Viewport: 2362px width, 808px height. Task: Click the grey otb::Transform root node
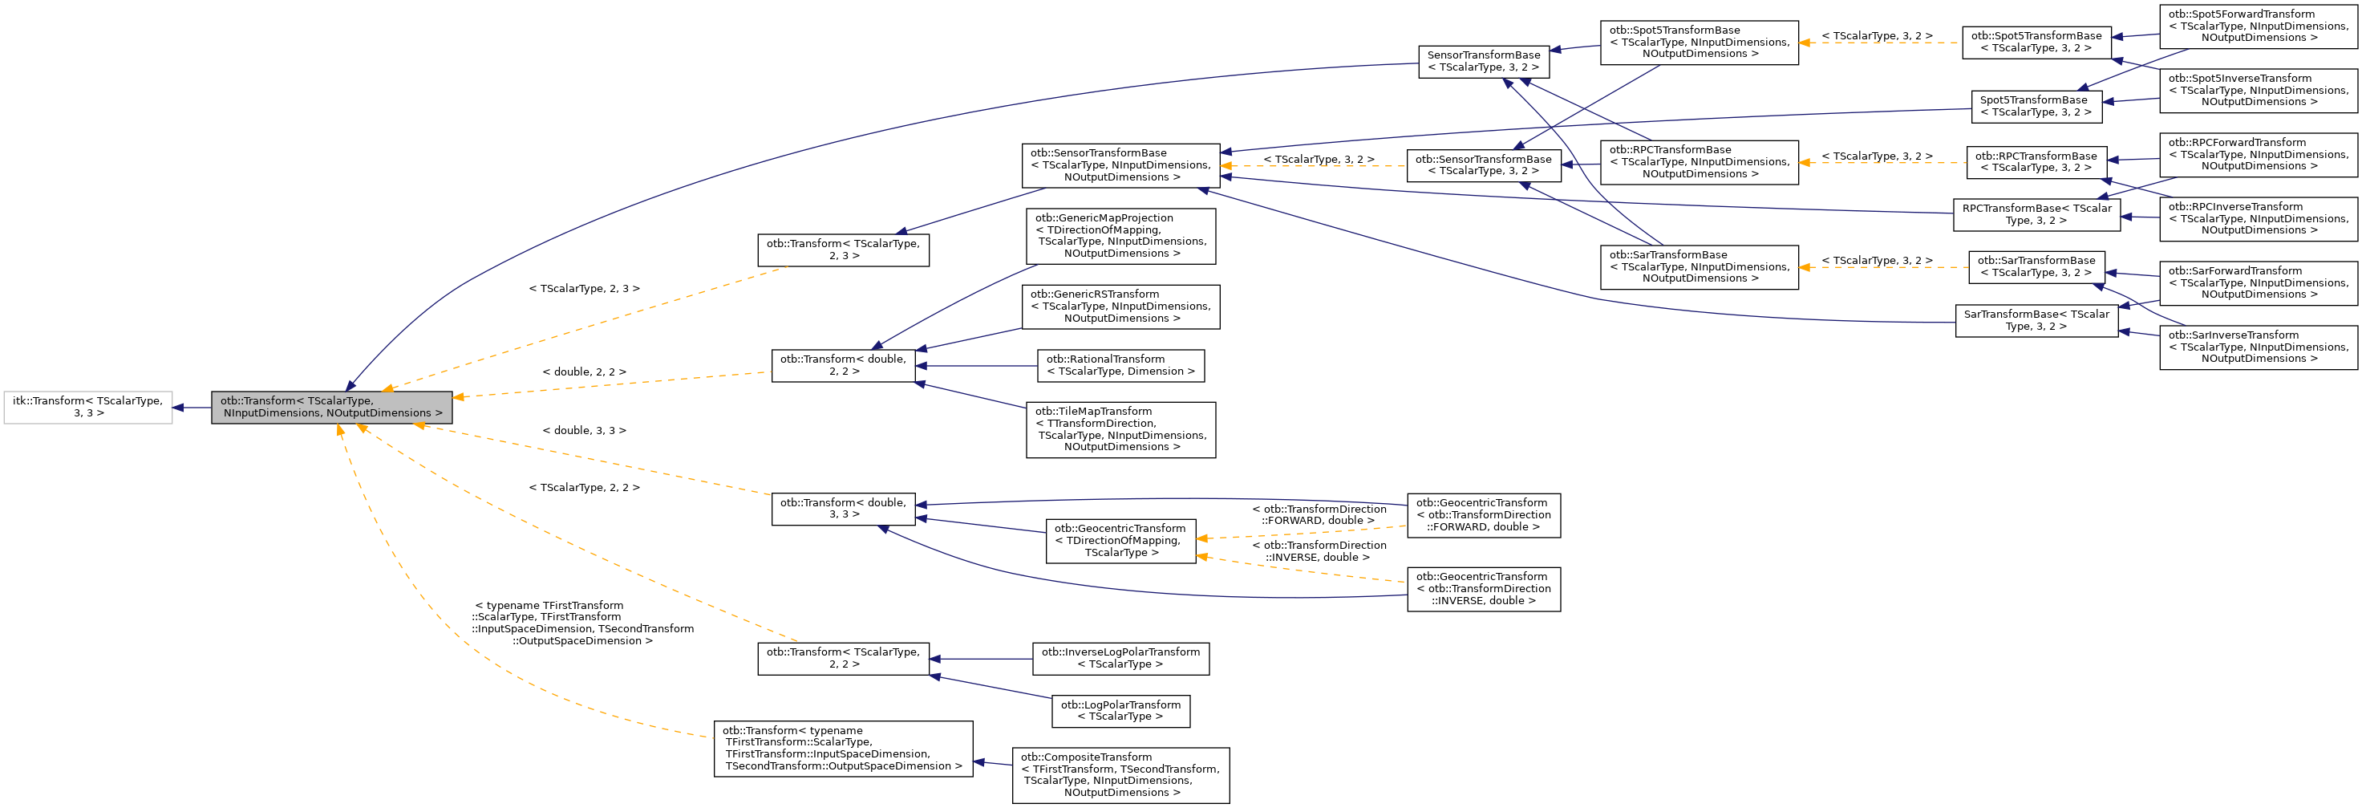pyautogui.click(x=331, y=408)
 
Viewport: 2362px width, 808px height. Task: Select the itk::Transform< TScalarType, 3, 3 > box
pyautogui.click(x=88, y=408)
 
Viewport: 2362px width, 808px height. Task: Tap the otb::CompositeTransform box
pyautogui.click(x=1120, y=775)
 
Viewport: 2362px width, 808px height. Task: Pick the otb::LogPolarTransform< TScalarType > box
pyautogui.click(x=1120, y=711)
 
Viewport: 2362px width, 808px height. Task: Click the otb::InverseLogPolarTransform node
pyautogui.click(x=1120, y=659)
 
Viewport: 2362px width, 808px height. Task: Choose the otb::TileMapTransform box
pyautogui.click(x=1120, y=429)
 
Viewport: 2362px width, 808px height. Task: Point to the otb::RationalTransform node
pyautogui.click(x=1120, y=365)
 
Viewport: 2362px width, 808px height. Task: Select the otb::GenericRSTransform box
pyautogui.click(x=1120, y=307)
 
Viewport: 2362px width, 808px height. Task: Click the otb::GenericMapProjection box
pyautogui.click(x=1120, y=236)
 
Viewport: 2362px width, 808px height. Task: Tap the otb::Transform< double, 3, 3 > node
pyautogui.click(x=843, y=508)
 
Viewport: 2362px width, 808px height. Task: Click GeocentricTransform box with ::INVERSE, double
pyautogui.click(x=1484, y=589)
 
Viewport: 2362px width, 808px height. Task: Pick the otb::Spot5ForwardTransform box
pyautogui.click(x=2258, y=26)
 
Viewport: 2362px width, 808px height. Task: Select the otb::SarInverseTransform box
pyautogui.click(x=2258, y=347)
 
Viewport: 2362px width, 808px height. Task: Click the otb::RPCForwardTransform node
pyautogui.click(x=2258, y=154)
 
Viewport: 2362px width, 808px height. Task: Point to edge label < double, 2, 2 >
pyautogui.click(x=584, y=372)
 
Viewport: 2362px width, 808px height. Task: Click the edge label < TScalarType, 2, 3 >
pyautogui.click(x=584, y=289)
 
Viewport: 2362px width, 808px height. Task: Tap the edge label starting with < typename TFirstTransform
pyautogui.click(x=582, y=623)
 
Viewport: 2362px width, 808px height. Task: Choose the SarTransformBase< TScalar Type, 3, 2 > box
pyautogui.click(x=2036, y=320)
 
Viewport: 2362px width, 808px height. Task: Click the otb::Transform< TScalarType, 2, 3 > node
pyautogui.click(x=843, y=250)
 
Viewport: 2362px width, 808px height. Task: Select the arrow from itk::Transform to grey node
pyautogui.click(x=192, y=408)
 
